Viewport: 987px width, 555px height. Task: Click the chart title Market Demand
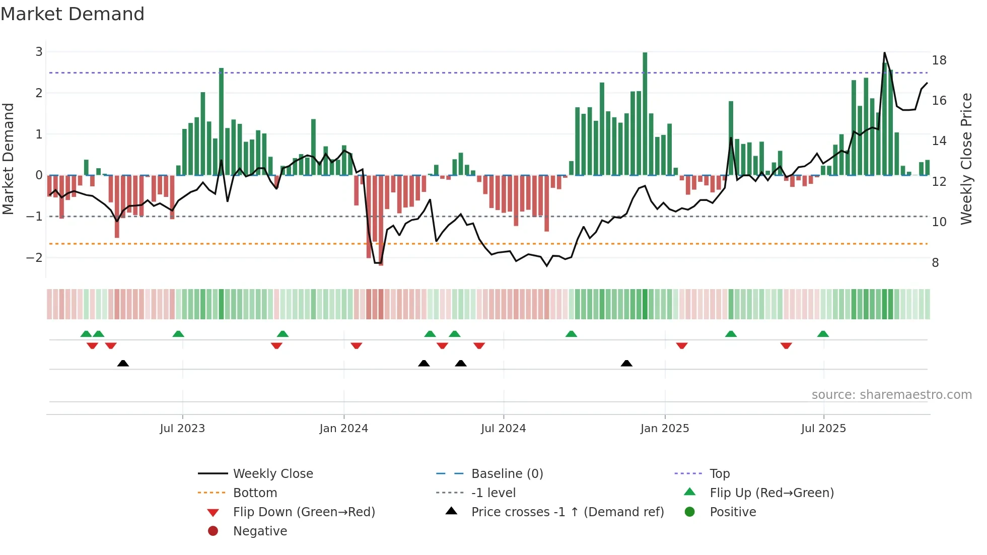coord(73,14)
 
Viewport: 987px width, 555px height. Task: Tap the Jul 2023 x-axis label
coord(182,429)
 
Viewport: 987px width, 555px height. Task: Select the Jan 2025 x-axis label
coord(665,429)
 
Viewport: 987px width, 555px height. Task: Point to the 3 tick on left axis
coord(39,51)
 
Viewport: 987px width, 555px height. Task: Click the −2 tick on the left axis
coord(34,258)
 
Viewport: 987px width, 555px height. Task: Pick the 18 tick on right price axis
coord(939,60)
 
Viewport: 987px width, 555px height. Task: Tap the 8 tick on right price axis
coord(935,263)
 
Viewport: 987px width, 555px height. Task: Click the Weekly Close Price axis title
coord(966,159)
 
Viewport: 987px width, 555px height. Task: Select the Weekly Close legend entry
coord(272,474)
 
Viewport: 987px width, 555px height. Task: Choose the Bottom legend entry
coord(255,493)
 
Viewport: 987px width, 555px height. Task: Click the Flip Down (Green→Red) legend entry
coord(304,512)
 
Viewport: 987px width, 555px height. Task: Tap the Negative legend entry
coord(260,531)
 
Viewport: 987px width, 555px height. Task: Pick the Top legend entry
coord(720,474)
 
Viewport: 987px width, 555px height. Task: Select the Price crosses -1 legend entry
coord(567,512)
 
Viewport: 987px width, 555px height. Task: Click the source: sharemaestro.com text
coord(891,395)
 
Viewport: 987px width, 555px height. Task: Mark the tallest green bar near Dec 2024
coord(645,113)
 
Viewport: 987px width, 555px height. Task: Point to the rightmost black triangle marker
coord(626,363)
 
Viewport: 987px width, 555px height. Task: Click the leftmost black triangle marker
coord(123,363)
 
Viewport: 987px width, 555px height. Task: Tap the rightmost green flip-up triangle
coord(823,334)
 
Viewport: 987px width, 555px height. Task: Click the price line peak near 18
coord(884,53)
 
